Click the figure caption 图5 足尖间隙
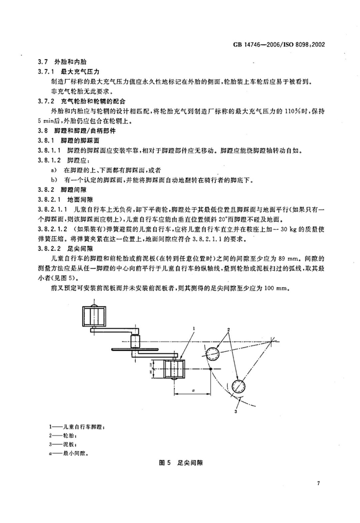coord(179,463)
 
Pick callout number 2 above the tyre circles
coord(228,329)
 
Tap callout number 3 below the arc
coord(236,411)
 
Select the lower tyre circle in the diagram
coord(238,386)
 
